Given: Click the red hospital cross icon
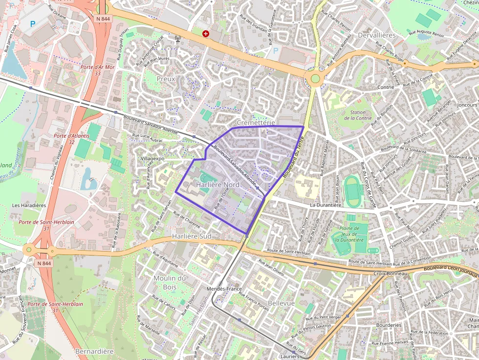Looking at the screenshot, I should [x=206, y=33].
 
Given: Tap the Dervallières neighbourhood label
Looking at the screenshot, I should [x=376, y=35].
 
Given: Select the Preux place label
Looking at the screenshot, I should [x=166, y=78].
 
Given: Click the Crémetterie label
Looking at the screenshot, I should [x=256, y=122].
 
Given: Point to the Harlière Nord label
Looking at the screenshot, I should [x=218, y=185].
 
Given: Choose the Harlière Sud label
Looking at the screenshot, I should [x=192, y=236].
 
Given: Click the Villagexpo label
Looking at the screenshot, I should [x=152, y=159].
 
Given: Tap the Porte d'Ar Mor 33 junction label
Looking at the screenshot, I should [x=98, y=70].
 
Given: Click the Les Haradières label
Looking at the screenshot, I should [x=29, y=205].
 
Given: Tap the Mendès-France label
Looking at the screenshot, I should [x=224, y=289].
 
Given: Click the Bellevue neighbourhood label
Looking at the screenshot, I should [x=281, y=303].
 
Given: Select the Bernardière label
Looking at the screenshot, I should [x=94, y=351].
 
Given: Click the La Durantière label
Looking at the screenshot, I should [x=326, y=205].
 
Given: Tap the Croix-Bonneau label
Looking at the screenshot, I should [x=390, y=273].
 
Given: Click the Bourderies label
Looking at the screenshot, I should [x=389, y=325].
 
